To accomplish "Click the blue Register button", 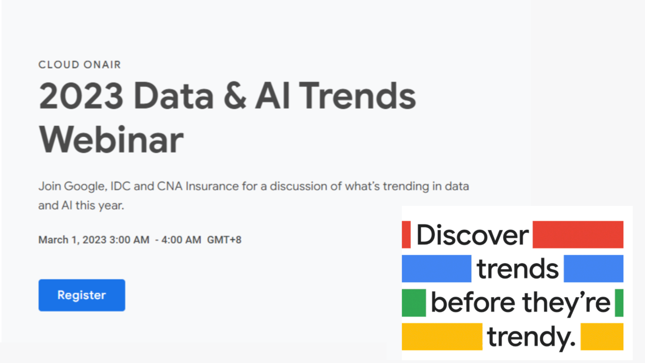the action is click(x=82, y=295).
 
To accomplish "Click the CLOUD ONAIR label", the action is click(x=80, y=65).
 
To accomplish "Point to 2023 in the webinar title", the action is click(x=81, y=96).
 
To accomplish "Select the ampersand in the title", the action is click(x=235, y=96).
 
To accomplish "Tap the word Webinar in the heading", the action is click(x=111, y=140).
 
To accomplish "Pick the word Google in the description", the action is click(x=86, y=186).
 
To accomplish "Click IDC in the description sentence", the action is click(x=121, y=186).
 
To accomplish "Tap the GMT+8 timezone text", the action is click(x=224, y=240).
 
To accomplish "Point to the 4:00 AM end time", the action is click(x=181, y=240).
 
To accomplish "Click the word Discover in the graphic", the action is click(x=472, y=235).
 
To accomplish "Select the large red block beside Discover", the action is click(x=578, y=234).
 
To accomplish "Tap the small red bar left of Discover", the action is click(x=406, y=234).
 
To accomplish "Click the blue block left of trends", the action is click(x=437, y=269).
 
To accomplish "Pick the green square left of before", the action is click(x=414, y=303).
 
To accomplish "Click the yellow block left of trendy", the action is click(x=442, y=336).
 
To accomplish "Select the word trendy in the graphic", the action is click(x=531, y=338).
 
